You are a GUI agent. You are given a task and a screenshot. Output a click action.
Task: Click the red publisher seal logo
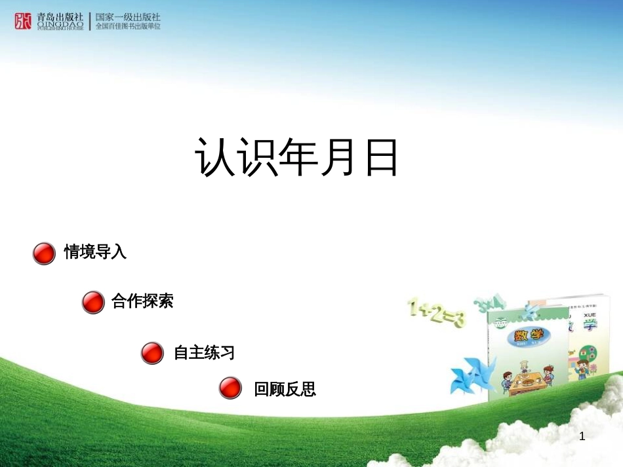23,21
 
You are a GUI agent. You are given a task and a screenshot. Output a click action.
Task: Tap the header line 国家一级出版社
128,17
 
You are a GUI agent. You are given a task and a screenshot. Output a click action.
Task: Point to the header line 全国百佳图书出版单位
128,27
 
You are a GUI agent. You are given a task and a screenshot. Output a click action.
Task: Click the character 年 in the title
296,158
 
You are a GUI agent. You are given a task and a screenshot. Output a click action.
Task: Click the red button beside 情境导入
44,253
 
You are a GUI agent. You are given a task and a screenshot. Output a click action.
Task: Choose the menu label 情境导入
95,252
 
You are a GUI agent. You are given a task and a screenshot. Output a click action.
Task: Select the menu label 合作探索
142,301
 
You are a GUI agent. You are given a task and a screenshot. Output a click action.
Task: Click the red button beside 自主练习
152,353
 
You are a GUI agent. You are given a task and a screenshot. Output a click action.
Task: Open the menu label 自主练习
204,353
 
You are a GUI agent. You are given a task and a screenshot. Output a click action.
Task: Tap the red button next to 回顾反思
230,388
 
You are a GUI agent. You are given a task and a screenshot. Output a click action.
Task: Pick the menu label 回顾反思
285,390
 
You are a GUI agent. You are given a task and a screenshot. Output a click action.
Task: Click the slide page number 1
582,436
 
